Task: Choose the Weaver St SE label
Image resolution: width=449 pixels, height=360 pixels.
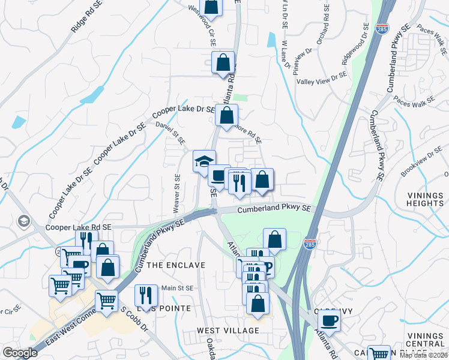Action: [x=176, y=193]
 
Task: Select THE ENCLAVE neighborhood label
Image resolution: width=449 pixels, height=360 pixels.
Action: [x=176, y=265]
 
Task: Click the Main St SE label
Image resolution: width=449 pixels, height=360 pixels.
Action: [x=177, y=288]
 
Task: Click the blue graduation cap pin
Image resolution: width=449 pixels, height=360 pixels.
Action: [x=204, y=161]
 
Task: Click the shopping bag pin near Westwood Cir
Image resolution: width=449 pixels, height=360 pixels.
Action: [x=211, y=7]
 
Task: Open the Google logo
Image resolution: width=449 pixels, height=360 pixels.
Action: [x=20, y=353]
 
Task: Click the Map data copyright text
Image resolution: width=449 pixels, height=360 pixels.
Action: [x=423, y=355]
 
